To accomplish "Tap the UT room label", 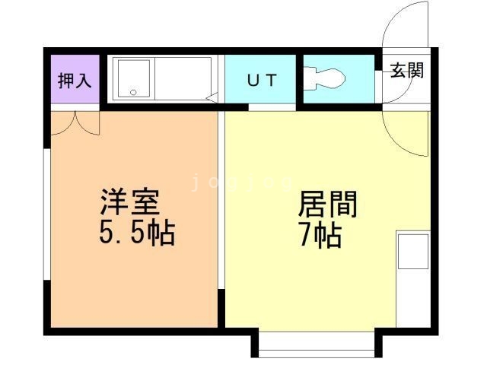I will click(261, 79).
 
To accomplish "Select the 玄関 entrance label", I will click(408, 71).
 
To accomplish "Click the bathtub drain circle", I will click(133, 92).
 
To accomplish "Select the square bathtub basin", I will click(133, 78).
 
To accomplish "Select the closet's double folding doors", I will click(75, 122).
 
